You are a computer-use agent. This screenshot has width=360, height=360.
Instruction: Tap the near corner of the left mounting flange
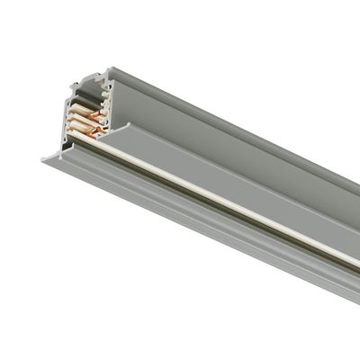point(43,161)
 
